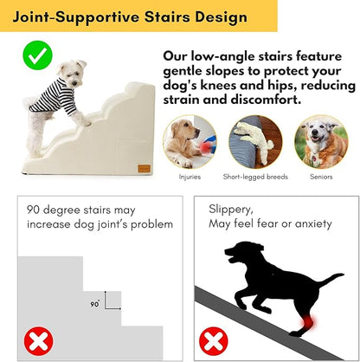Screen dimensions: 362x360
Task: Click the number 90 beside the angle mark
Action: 96,305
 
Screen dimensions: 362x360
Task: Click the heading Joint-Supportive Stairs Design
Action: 125,17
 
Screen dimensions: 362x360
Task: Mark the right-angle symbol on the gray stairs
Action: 110,301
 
